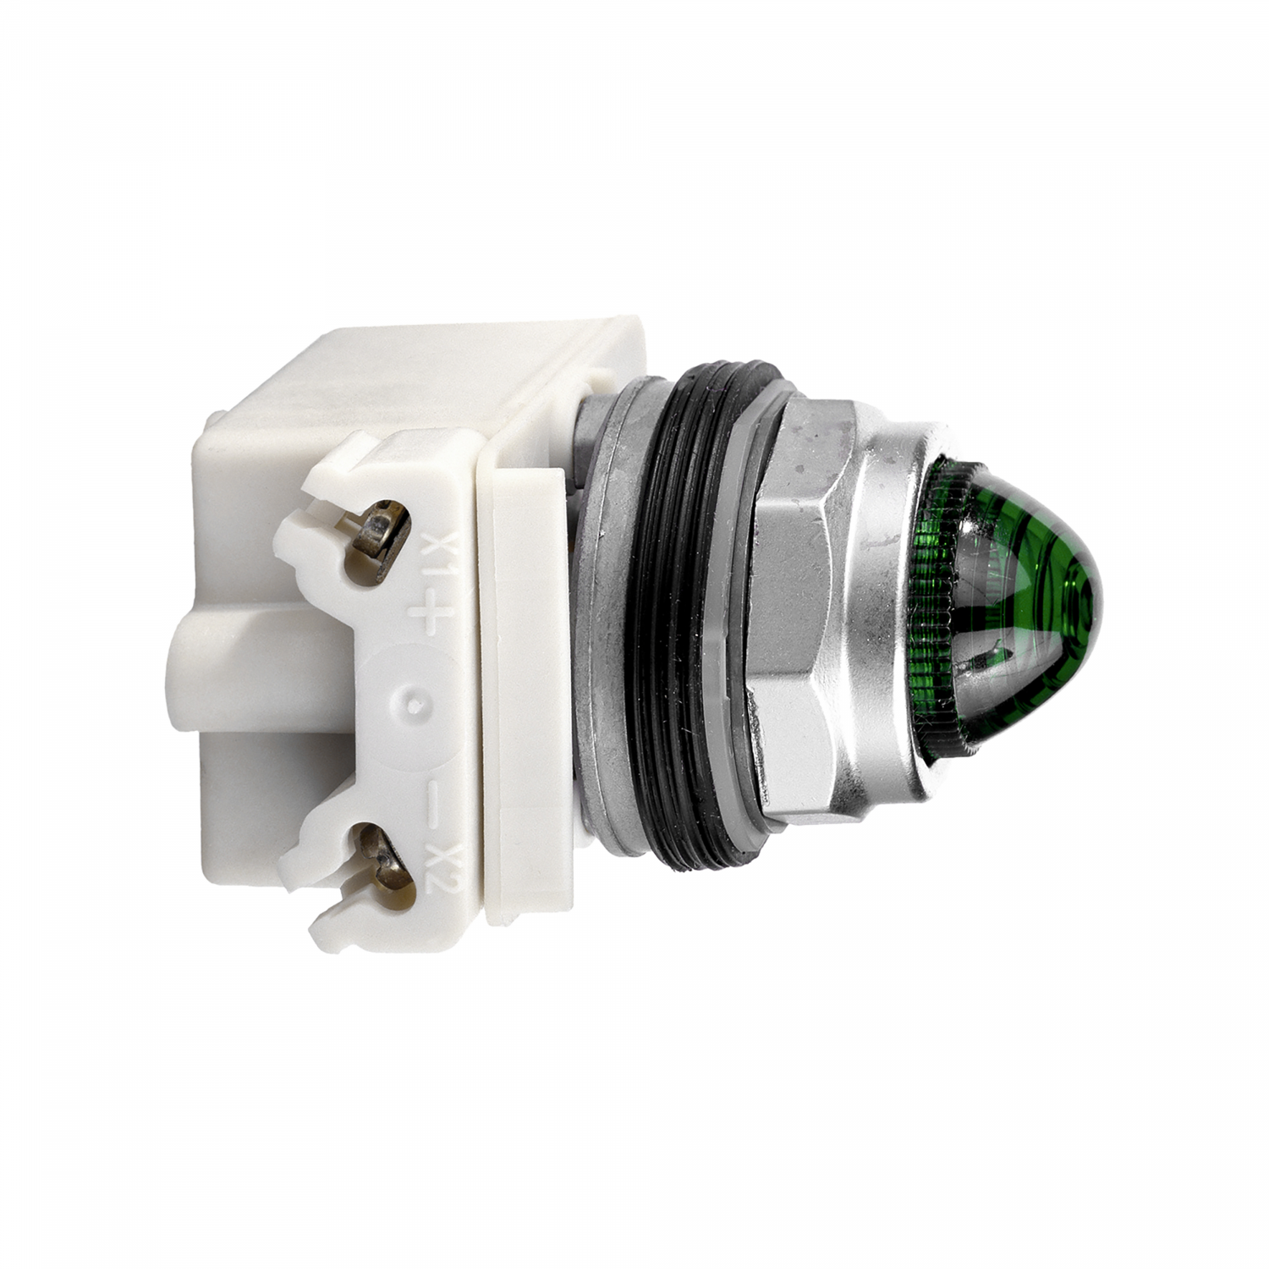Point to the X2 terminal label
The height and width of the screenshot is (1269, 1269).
(x=437, y=871)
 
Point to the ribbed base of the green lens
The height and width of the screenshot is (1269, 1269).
(x=935, y=609)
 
